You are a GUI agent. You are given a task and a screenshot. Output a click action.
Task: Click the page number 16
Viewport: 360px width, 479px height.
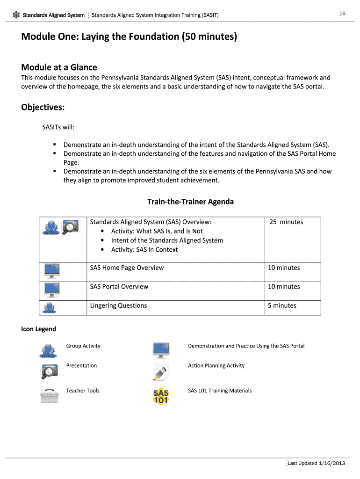click(x=342, y=14)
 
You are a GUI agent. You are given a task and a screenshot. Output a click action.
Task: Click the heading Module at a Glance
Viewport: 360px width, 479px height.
click(x=59, y=67)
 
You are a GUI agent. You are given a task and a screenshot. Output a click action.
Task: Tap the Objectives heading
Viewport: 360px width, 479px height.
click(x=43, y=108)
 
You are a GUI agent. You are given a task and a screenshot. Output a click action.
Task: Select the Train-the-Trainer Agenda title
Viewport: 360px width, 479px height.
click(x=190, y=202)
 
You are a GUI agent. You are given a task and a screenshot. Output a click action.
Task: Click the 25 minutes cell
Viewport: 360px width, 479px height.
click(x=286, y=222)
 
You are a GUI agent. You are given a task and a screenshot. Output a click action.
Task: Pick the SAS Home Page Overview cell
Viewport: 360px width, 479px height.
click(x=127, y=268)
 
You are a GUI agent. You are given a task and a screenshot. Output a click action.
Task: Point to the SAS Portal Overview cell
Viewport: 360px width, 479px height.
click(x=119, y=286)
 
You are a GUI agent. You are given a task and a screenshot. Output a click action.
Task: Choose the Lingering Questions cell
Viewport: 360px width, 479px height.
click(x=118, y=305)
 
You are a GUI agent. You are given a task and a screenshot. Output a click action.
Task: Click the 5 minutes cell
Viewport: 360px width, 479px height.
click(x=282, y=305)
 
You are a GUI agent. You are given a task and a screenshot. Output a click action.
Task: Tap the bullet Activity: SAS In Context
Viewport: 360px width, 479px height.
click(x=144, y=249)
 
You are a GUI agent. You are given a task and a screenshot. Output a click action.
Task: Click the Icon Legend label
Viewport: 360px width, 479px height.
click(x=38, y=329)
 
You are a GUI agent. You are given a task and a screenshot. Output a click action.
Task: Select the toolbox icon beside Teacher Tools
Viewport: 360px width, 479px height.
click(x=49, y=395)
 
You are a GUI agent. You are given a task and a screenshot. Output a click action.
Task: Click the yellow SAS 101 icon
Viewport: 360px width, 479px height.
click(x=161, y=396)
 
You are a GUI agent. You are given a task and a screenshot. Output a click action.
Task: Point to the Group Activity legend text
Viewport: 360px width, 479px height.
click(x=83, y=346)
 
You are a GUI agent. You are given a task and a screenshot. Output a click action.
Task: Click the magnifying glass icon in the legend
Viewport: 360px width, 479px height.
click(x=49, y=370)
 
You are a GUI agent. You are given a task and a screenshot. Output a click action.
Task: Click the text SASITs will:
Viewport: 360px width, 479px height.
click(x=58, y=127)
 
